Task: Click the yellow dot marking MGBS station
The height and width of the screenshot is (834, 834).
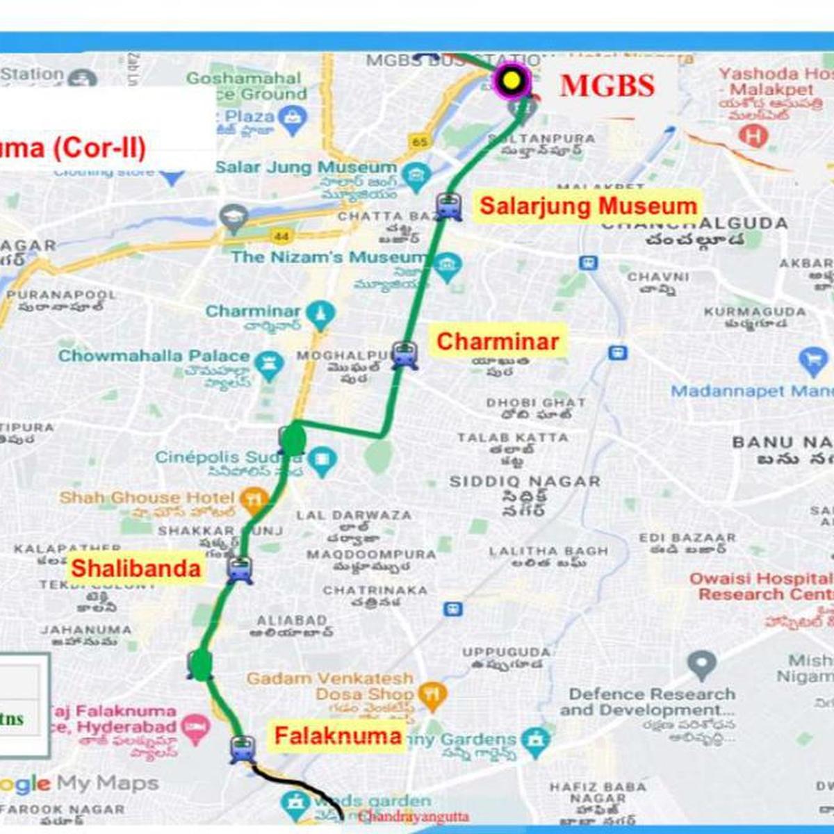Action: [512, 80]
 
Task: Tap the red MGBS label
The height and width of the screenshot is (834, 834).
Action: [607, 85]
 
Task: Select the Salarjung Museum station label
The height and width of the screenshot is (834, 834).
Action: [588, 206]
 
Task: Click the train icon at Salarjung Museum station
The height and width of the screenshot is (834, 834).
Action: [449, 206]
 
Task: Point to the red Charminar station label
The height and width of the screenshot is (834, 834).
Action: [498, 341]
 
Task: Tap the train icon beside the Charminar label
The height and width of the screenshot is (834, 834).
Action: [404, 354]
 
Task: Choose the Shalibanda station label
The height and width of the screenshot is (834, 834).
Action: [136, 568]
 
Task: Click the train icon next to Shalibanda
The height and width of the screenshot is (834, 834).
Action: [240, 569]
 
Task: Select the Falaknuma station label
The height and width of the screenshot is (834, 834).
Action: [338, 736]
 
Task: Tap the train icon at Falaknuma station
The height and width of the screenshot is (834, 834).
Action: [243, 749]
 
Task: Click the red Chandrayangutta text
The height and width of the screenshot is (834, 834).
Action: [414, 817]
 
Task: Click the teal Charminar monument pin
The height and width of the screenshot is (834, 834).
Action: [320, 314]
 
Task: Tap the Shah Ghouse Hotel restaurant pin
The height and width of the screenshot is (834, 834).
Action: [254, 500]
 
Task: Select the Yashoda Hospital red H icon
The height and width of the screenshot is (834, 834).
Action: [753, 136]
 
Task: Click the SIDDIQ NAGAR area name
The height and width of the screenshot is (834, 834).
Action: [524, 481]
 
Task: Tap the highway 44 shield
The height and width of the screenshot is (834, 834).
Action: [281, 236]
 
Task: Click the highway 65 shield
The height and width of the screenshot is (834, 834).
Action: [419, 142]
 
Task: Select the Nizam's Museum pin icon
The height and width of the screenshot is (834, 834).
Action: [447, 268]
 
